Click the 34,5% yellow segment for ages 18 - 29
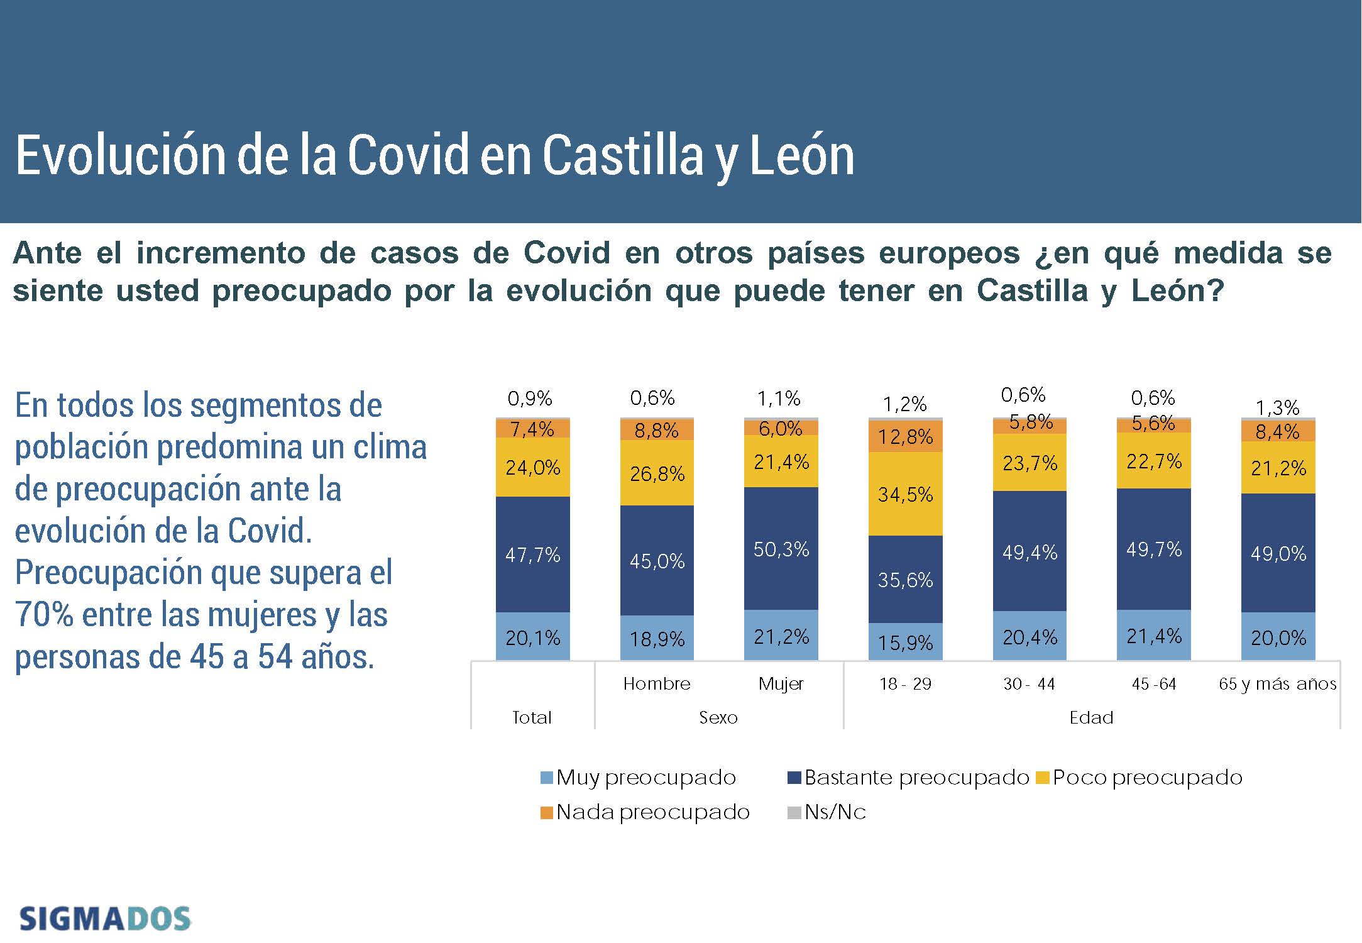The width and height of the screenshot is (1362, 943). pos(905,494)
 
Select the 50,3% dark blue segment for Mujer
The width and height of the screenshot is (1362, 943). pos(781,549)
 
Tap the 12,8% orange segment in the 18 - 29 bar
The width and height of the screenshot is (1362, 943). pos(905,436)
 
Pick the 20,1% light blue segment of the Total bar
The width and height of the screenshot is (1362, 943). pos(532,637)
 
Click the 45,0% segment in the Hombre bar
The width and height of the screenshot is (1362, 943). pos(657,560)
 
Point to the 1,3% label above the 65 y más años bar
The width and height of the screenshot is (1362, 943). pos(1277,408)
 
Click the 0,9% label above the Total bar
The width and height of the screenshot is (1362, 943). pos(529,399)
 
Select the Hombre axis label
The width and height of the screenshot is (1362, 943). pos(657,683)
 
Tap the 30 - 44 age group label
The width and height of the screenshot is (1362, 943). pos(1029,683)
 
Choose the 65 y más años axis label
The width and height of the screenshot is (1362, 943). pos(1277,683)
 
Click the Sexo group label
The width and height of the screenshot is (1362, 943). pos(718,717)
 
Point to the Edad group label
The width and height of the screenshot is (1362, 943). pos(1091,717)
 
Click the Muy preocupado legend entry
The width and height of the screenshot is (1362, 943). pos(639,778)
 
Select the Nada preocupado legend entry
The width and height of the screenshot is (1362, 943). pos(645,812)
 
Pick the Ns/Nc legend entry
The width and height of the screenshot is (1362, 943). pos(827,812)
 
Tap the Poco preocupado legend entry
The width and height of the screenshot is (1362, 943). pos(1139,778)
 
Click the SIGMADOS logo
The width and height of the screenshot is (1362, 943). pos(105,918)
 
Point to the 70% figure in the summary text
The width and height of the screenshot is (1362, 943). pos(43,614)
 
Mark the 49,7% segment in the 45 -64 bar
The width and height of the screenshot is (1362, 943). pos(1153,549)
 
